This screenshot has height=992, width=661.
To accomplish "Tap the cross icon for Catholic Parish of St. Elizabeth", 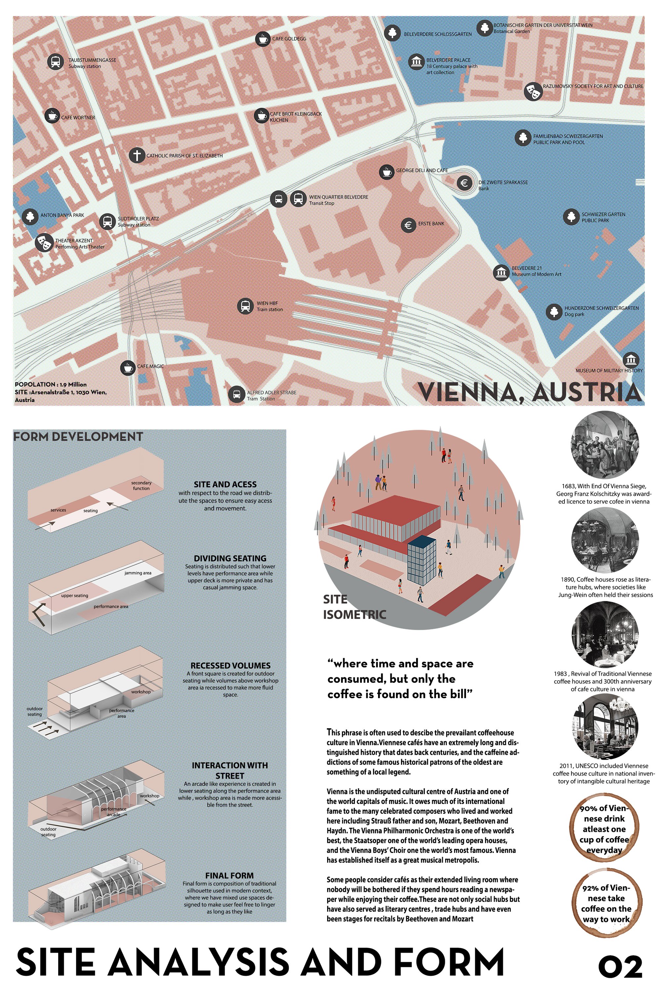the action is pyautogui.click(x=136, y=155).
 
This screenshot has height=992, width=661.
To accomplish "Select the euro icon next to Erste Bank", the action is pyautogui.click(x=408, y=225).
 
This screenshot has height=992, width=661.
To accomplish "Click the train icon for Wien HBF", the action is pyautogui.click(x=245, y=306).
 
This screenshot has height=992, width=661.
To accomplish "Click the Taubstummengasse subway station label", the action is pyautogui.click(x=92, y=63).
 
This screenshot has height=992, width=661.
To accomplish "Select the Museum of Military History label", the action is pyautogui.click(x=609, y=370).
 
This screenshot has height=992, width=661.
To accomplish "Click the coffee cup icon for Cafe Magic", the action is pyautogui.click(x=128, y=368).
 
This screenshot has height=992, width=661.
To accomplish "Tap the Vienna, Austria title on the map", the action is pyautogui.click(x=529, y=392).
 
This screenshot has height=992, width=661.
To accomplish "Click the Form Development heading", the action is pyautogui.click(x=78, y=436).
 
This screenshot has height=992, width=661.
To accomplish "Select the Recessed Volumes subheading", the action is pyautogui.click(x=230, y=665).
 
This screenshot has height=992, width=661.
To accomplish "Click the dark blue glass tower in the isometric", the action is pyautogui.click(x=422, y=560).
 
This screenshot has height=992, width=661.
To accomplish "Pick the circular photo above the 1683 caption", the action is pyautogui.click(x=604, y=444).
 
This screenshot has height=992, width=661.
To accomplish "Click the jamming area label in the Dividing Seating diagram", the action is pyautogui.click(x=138, y=573).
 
